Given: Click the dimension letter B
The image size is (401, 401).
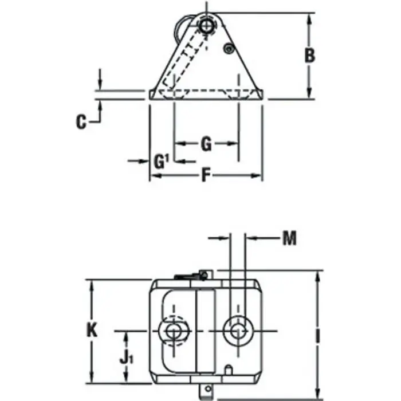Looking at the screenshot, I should pos(309,56).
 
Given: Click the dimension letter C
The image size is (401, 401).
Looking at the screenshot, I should pos(81,121).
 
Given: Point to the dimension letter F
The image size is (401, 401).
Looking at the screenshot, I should pos(205,175).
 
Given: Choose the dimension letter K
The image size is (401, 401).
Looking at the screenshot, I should pos(91,330).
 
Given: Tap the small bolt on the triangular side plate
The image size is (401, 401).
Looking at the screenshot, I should pos(229,49).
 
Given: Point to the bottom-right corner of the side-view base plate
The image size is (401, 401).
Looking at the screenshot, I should pos(264,99).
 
